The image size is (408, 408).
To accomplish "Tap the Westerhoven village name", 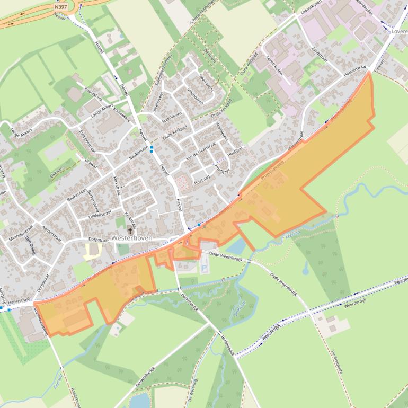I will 132,238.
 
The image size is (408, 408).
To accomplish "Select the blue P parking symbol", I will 205,269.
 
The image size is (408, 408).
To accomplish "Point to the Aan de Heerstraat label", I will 201,151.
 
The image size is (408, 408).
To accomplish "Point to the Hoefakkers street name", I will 221,130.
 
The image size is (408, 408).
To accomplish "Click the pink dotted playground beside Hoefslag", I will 182,183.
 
